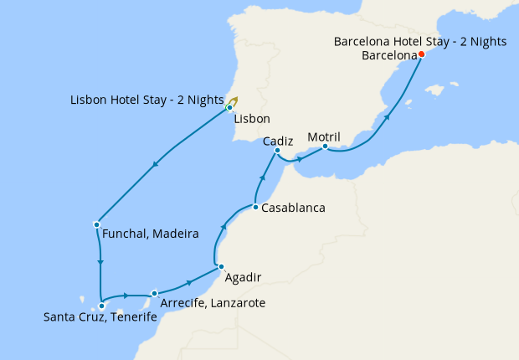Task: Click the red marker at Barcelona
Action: click(x=421, y=54)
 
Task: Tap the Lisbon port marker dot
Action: click(x=229, y=107)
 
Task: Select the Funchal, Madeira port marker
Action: click(x=97, y=224)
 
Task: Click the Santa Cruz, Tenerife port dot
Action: click(x=101, y=306)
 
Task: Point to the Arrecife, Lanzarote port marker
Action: click(x=155, y=293)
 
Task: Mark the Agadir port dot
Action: click(x=221, y=266)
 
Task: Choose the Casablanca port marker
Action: click(x=255, y=207)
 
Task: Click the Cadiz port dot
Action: click(x=277, y=151)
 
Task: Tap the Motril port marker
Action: click(x=325, y=147)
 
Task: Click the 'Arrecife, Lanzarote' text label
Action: click(x=213, y=302)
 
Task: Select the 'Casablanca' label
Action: click(x=293, y=208)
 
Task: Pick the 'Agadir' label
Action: click(x=244, y=277)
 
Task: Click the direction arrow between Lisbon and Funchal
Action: click(x=155, y=167)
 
